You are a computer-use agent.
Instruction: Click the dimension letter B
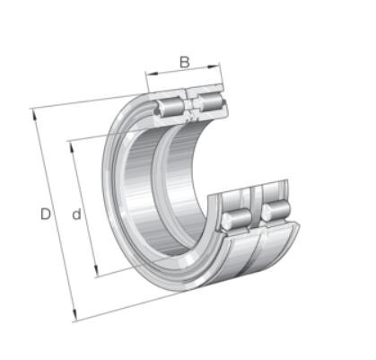(x=185, y=62)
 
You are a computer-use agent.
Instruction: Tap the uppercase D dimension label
(x=46, y=215)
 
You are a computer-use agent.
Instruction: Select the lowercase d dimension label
(x=76, y=215)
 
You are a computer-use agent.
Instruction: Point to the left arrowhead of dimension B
(x=152, y=74)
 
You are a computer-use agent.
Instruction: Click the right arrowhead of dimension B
(x=214, y=66)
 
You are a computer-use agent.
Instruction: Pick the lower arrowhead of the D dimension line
(x=74, y=314)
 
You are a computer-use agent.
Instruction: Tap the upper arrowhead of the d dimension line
(x=73, y=147)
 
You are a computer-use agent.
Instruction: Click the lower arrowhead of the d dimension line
(x=96, y=271)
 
